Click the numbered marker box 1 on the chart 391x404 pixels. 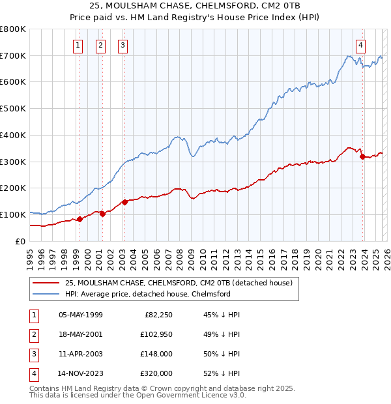coord(78,45)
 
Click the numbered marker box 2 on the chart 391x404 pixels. coord(101,45)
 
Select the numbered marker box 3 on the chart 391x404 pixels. coord(123,45)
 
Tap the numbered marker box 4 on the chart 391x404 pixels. coord(360,45)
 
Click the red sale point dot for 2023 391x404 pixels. coord(362,156)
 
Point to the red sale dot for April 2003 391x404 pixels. coord(124,202)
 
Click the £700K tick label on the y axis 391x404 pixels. coord(13,55)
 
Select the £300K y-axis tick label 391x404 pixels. coord(13,162)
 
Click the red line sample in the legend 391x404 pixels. coord(46,283)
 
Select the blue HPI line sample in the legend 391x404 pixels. coord(46,294)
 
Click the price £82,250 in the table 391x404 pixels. coord(156,315)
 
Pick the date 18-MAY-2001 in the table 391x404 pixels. coord(80,334)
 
